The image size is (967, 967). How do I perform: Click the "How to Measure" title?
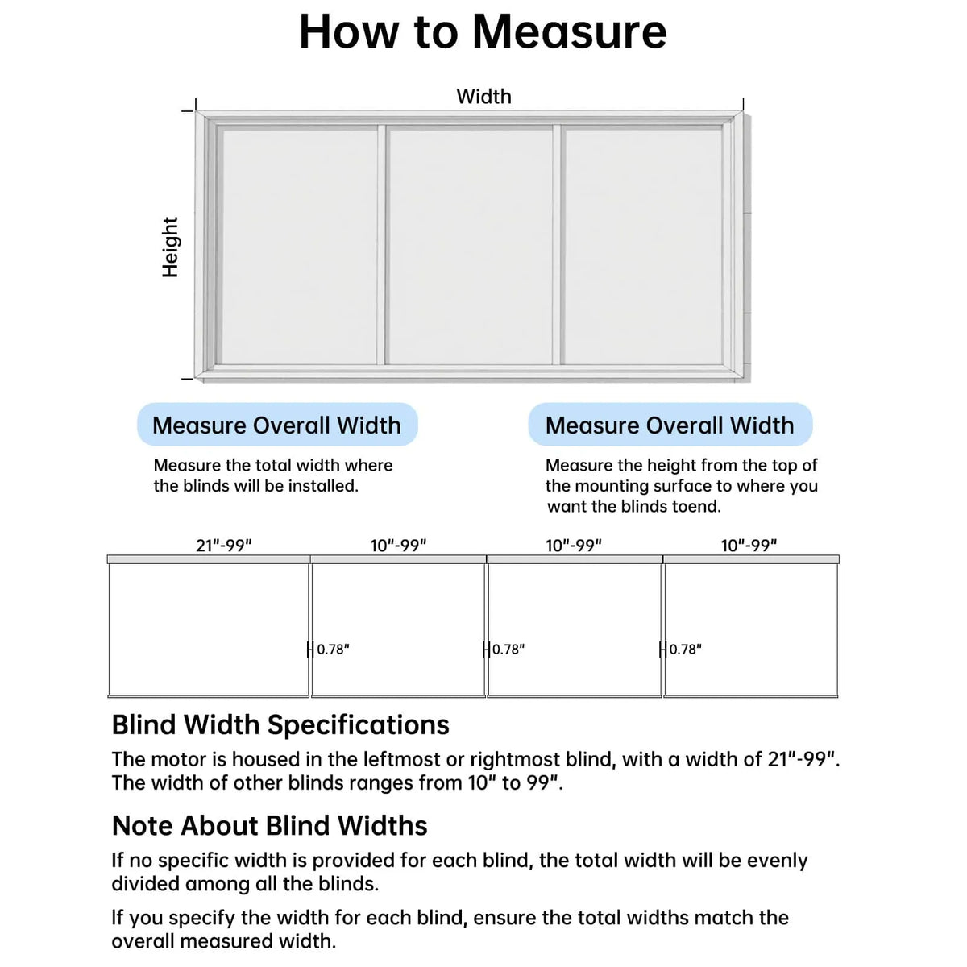[x=483, y=32]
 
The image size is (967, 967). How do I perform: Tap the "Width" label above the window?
[x=483, y=97]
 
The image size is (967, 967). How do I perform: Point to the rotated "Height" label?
[x=170, y=247]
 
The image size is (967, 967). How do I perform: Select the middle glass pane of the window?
[x=470, y=246]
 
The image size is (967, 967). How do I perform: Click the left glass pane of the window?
[x=298, y=246]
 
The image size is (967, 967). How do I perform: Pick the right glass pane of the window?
[x=642, y=246]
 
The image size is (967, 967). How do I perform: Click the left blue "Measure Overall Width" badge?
[x=276, y=425]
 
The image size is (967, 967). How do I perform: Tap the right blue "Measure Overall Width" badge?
[x=670, y=425]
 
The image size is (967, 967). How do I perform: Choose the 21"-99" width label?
[x=224, y=546]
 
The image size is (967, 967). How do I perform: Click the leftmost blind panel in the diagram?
[x=209, y=629]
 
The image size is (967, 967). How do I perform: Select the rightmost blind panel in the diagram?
[x=750, y=629]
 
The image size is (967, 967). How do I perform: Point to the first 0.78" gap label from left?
[x=333, y=650]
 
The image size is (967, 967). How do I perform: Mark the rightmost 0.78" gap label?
[x=685, y=650]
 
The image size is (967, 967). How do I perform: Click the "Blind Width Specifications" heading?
[x=280, y=725]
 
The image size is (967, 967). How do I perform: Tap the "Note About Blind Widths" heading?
[x=269, y=825]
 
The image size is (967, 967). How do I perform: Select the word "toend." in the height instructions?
[x=696, y=507]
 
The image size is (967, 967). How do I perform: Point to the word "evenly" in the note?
[x=777, y=861]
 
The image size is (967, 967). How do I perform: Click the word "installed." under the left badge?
[x=322, y=486]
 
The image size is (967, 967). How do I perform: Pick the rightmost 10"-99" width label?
[x=749, y=546]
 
